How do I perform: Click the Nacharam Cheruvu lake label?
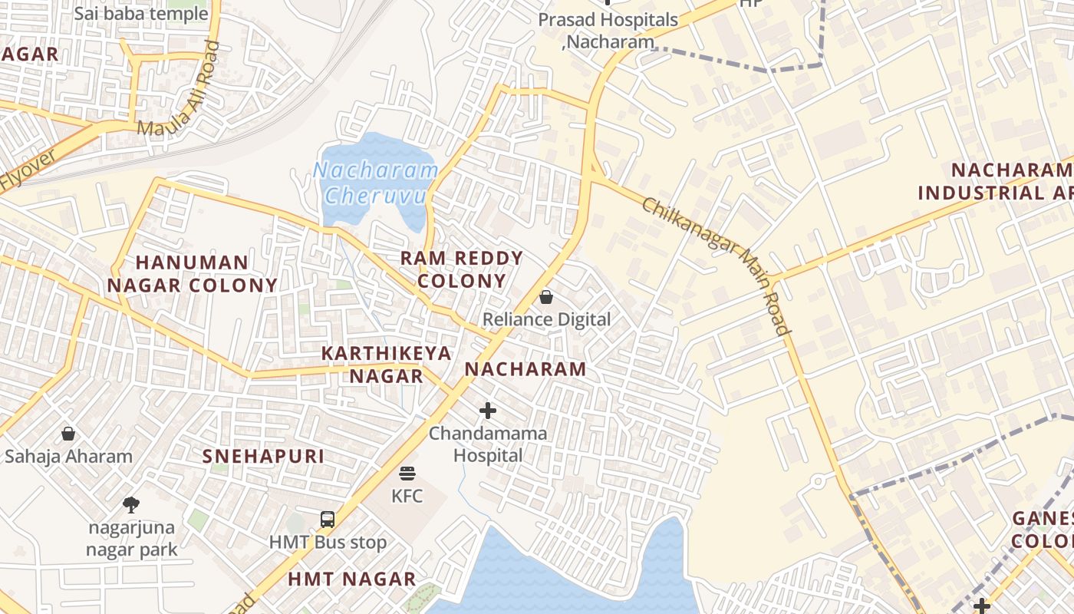(x=375, y=183)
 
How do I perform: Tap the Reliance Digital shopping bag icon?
(x=546, y=296)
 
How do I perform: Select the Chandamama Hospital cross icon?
(x=487, y=411)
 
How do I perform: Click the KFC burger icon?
(x=407, y=474)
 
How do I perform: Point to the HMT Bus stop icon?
(x=328, y=520)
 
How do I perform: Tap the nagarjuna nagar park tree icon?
(x=131, y=504)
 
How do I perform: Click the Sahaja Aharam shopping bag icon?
(x=68, y=434)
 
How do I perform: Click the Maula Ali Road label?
(x=178, y=89)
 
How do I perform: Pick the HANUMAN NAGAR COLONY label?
(x=192, y=274)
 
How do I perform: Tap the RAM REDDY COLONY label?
(x=462, y=269)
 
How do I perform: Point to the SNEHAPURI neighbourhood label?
(x=263, y=456)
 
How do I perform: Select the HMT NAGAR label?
(x=351, y=579)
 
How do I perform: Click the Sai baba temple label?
(x=141, y=13)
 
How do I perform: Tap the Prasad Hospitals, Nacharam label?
(x=608, y=31)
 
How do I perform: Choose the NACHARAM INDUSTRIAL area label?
(x=997, y=181)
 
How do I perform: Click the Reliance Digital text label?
(x=546, y=319)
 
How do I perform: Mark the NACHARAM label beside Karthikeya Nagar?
(x=525, y=369)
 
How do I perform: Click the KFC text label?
(x=407, y=496)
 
